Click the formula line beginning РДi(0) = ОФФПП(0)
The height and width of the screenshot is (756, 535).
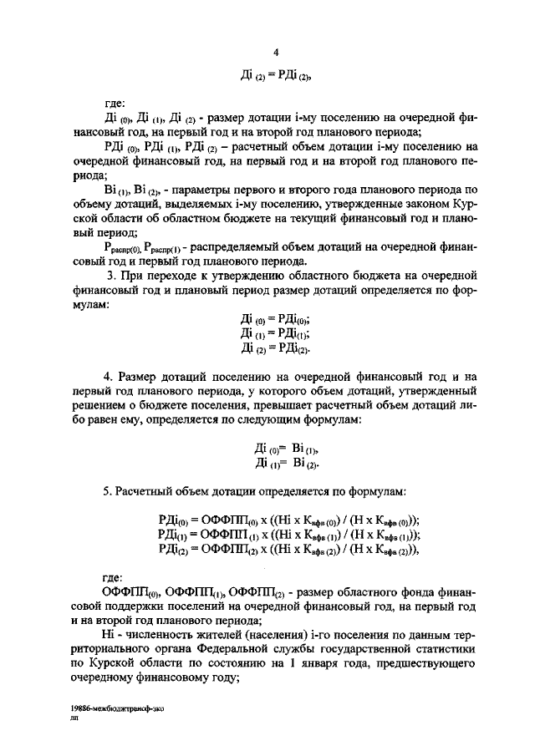[288, 519]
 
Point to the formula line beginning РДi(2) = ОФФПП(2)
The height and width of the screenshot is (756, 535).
[288, 549]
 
